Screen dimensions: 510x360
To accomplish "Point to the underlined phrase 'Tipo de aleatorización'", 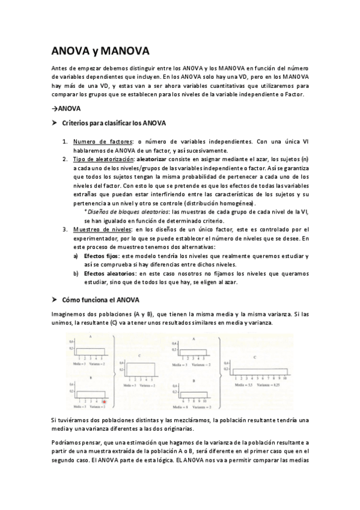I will tap(103, 159).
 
